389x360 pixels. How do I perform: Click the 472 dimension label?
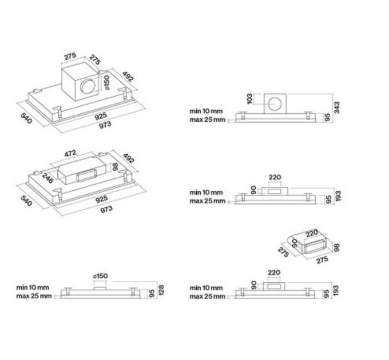tap(70, 154)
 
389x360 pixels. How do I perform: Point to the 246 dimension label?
tap(47, 177)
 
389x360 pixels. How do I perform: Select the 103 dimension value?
tap(249, 99)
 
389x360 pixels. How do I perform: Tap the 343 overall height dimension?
tap(336, 107)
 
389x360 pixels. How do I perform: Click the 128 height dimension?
tap(161, 290)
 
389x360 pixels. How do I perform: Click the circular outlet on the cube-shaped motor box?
tap(88, 86)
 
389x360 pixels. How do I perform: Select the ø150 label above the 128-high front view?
tap(100, 276)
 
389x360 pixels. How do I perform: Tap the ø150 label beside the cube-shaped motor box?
tap(106, 82)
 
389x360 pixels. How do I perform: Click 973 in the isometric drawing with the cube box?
tap(105, 125)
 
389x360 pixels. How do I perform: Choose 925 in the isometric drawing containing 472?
tap(101, 199)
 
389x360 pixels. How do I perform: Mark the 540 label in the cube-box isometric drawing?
tap(26, 118)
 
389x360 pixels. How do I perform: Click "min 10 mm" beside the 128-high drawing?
tap(33, 287)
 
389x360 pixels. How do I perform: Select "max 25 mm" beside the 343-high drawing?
tap(208, 119)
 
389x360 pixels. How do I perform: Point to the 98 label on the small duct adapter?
tap(336, 247)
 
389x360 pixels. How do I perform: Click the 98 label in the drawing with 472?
tap(115, 167)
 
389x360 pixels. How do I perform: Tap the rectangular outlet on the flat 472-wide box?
tap(86, 175)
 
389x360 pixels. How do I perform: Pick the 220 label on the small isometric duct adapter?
tap(312, 233)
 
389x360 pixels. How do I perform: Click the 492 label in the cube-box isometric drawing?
tap(128, 77)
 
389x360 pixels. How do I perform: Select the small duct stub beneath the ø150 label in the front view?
tap(100, 289)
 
